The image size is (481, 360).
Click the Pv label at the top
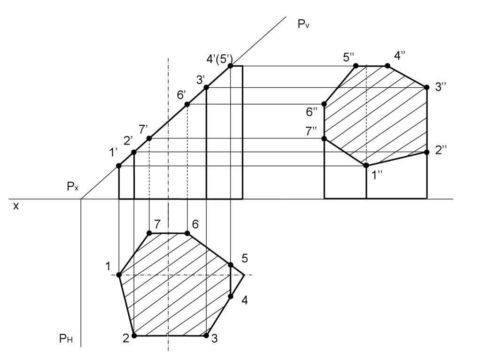[x=303, y=24]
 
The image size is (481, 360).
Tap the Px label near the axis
[x=73, y=186]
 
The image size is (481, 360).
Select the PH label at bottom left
[x=66, y=338]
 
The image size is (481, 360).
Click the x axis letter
[x=16, y=206]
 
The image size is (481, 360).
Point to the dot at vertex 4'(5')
[x=230, y=66]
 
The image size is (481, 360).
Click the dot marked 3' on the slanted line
[x=206, y=87]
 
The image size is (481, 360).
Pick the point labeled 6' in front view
[x=187, y=105]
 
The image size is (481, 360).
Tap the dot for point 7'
[x=149, y=138]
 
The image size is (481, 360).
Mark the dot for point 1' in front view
[x=119, y=166]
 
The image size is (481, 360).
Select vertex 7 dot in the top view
[x=149, y=233]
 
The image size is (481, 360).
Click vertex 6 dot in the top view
[x=187, y=234]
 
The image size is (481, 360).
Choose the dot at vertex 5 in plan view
[x=231, y=265]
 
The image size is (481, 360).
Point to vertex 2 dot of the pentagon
[x=134, y=336]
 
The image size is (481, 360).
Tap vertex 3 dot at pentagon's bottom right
[x=207, y=336]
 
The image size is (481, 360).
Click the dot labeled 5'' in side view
[x=356, y=66]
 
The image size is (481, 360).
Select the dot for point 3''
[x=427, y=87]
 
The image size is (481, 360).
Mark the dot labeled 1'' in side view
[x=366, y=166]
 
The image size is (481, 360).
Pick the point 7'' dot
[x=324, y=138]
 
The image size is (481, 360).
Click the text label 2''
[x=441, y=151]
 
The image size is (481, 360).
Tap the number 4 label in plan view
[x=244, y=300]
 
